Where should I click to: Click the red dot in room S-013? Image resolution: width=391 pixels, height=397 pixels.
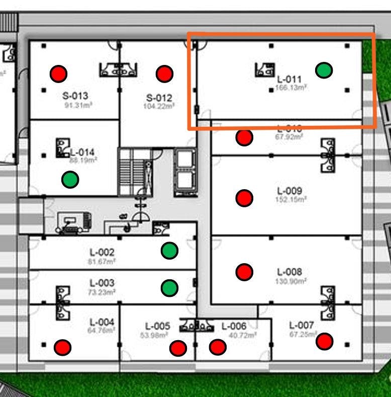pyautogui.click(x=59, y=74)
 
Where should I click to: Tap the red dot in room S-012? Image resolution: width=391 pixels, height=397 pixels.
pyautogui.click(x=164, y=74)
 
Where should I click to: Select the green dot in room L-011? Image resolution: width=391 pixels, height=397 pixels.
pyautogui.click(x=324, y=70)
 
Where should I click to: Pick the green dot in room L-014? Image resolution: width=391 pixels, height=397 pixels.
pyautogui.click(x=70, y=179)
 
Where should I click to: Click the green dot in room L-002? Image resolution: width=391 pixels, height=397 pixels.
pyautogui.click(x=169, y=250)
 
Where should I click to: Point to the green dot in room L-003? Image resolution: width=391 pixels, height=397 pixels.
pyautogui.click(x=169, y=287)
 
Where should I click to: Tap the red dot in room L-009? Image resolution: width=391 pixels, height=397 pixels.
pyautogui.click(x=244, y=198)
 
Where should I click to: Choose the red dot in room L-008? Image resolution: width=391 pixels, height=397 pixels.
pyautogui.click(x=244, y=272)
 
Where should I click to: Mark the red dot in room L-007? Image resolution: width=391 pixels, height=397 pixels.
pyautogui.click(x=325, y=342)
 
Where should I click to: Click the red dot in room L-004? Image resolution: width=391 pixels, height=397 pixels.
pyautogui.click(x=63, y=347)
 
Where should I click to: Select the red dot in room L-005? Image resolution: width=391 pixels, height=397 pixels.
pyautogui.click(x=178, y=348)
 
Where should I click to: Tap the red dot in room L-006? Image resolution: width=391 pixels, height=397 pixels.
pyautogui.click(x=218, y=347)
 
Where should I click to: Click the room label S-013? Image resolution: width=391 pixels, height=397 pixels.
pyautogui.click(x=75, y=96)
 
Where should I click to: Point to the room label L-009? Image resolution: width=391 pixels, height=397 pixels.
pyautogui.click(x=289, y=191)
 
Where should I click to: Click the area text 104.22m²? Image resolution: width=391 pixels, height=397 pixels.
pyautogui.click(x=160, y=106)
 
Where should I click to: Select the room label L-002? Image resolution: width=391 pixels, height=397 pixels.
pyautogui.click(x=102, y=252)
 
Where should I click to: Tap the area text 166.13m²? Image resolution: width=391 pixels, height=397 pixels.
pyautogui.click(x=291, y=88)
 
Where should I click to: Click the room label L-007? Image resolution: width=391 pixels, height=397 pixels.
pyautogui.click(x=302, y=326)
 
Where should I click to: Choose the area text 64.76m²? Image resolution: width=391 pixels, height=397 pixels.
pyautogui.click(x=102, y=331)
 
